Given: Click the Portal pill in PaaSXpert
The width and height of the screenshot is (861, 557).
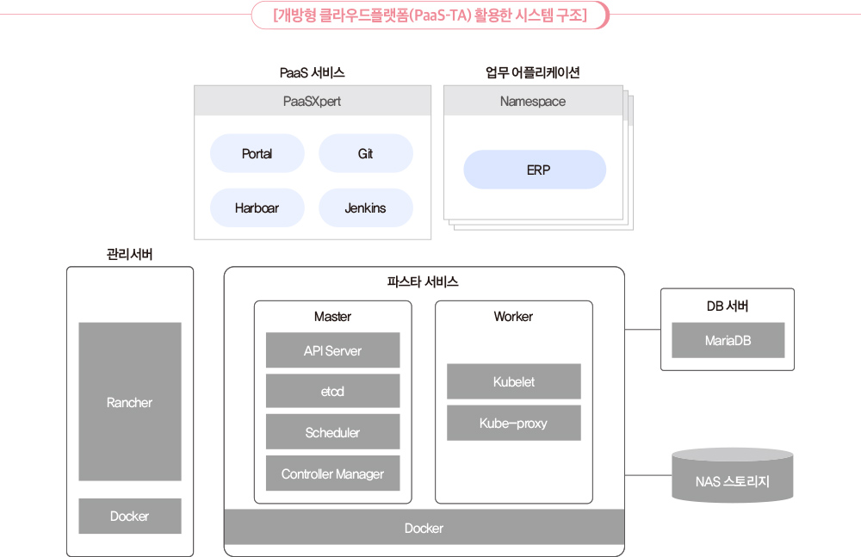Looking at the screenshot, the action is [x=257, y=153].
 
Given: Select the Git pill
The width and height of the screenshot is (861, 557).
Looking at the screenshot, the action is [x=366, y=153].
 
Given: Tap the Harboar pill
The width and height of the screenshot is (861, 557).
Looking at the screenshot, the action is [x=257, y=207].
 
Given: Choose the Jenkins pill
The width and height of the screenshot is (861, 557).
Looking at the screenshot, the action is [x=366, y=207].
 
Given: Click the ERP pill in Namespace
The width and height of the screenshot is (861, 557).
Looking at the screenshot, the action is [x=535, y=170].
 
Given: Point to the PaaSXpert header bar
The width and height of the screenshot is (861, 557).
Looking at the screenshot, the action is [x=313, y=101].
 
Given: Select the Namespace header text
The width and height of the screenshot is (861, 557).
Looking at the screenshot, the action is [x=533, y=101].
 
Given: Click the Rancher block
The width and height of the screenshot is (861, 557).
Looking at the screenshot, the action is [x=130, y=401].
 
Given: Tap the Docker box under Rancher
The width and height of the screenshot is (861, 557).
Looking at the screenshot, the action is [x=130, y=516].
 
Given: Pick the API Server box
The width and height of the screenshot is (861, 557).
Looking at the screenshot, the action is [x=332, y=350].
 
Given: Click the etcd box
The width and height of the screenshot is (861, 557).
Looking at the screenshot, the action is [x=332, y=391].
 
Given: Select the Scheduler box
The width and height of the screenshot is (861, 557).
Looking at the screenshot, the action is [x=332, y=432].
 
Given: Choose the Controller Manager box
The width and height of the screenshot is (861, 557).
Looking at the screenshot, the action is [x=332, y=473].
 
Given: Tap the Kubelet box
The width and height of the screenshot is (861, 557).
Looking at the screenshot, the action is [x=513, y=381].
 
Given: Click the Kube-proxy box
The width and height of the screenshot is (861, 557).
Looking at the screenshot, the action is [x=513, y=423].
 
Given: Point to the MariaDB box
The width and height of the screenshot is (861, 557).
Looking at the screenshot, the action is [x=728, y=340].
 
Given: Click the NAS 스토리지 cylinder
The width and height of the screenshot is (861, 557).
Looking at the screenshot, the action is [x=733, y=476].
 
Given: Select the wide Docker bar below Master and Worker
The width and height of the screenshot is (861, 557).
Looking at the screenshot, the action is [x=424, y=528].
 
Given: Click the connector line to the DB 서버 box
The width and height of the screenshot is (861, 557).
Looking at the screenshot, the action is [x=642, y=330].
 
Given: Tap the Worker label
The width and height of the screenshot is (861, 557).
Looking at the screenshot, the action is [x=513, y=317].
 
